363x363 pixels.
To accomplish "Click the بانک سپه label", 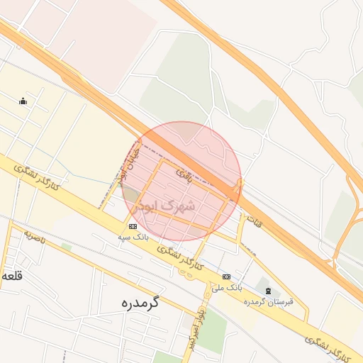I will tap(133, 238).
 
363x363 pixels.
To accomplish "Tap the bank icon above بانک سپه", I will tap(133, 226).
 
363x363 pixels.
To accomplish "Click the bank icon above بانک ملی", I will tap(226, 277).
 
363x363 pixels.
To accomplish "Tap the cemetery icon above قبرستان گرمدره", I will tap(267, 291).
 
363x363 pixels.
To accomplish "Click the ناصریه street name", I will tap(34, 236).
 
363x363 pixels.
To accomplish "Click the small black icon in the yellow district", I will tap(23, 101).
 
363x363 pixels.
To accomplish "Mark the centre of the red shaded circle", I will tap(181, 181).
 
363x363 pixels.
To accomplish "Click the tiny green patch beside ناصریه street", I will tap(67, 247).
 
